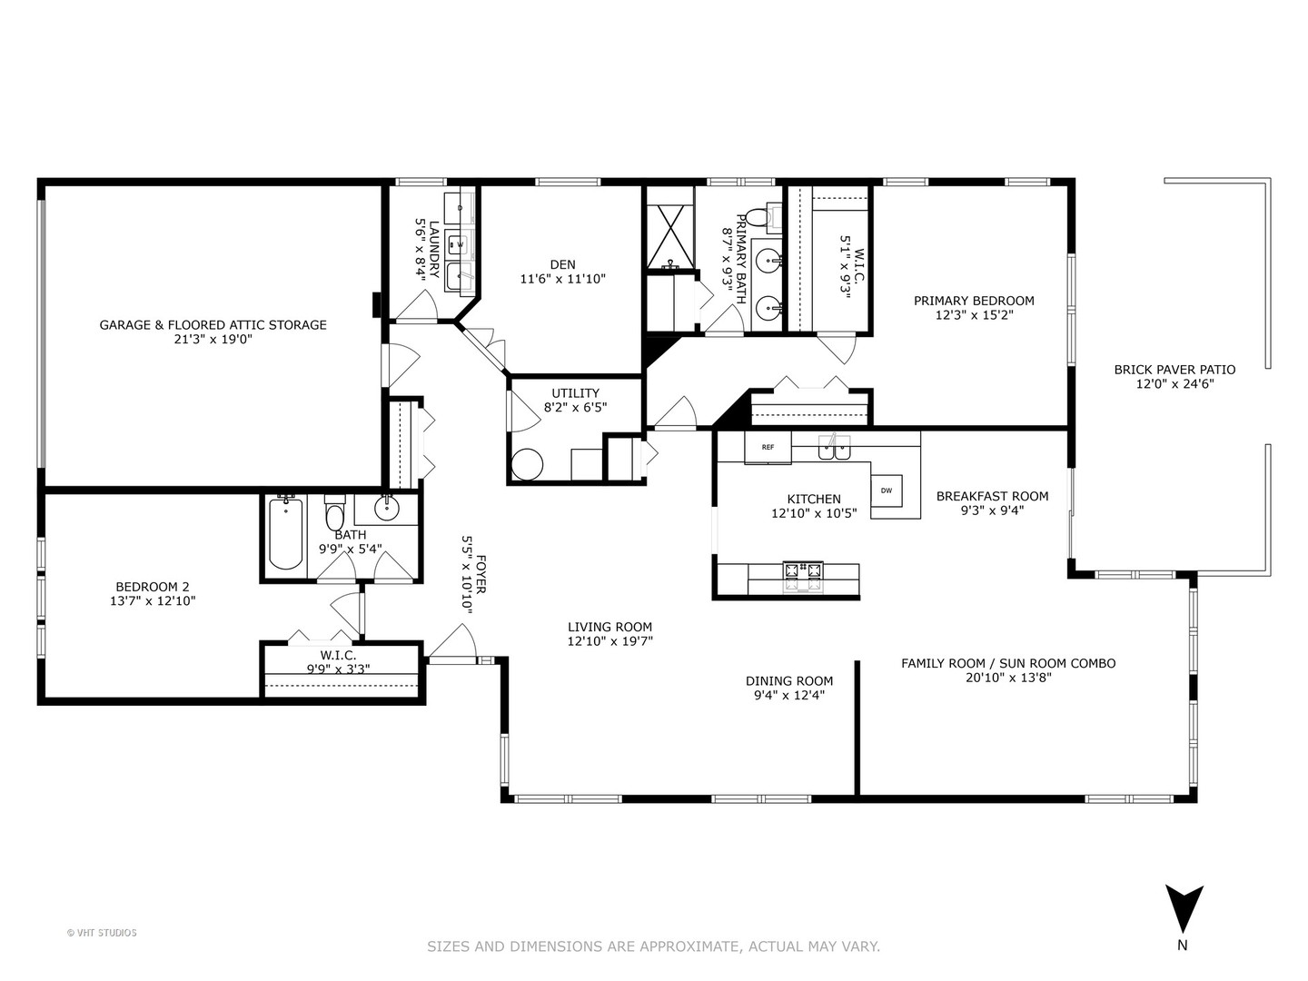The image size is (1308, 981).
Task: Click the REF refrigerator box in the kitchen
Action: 768,447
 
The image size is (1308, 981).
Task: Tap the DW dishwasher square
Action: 887,490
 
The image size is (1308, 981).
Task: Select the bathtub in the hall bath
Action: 285,534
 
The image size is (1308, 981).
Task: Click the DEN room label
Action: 562,264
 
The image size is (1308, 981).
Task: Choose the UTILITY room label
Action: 575,393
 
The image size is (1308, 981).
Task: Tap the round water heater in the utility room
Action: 527,464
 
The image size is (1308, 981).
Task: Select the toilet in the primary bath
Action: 757,217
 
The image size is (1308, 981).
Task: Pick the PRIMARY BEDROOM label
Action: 974,301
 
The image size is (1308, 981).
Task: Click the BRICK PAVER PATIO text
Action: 1174,370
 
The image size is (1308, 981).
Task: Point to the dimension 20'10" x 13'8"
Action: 1008,678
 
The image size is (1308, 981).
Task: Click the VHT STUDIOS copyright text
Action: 102,932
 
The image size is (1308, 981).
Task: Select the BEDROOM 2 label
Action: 153,587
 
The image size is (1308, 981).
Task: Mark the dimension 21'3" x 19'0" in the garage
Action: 213,340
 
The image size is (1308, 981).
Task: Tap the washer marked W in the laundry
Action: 459,244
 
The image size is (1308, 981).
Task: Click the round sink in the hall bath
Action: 387,508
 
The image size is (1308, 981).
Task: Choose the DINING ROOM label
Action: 789,681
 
